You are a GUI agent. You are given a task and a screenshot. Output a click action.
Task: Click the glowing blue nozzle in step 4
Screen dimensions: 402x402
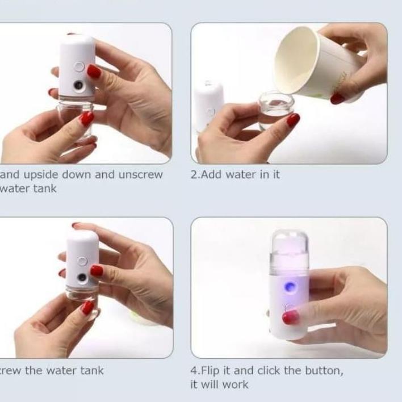[x=290, y=287]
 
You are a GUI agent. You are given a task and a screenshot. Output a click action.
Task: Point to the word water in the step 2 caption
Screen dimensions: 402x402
[x=241, y=174]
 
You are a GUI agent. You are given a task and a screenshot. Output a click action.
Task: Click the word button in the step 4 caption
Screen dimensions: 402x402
[x=324, y=371]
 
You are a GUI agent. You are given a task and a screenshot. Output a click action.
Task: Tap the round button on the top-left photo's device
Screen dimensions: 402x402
[x=79, y=66]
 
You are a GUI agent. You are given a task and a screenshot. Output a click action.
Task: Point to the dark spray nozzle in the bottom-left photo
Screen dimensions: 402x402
[x=82, y=278]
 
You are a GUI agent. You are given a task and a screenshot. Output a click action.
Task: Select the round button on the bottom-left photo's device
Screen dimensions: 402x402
[x=83, y=261]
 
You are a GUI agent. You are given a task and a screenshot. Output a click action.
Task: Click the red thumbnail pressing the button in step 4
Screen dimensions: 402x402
[x=290, y=317]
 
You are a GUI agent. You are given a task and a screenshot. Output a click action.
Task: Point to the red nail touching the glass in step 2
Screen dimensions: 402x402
[x=293, y=120]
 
